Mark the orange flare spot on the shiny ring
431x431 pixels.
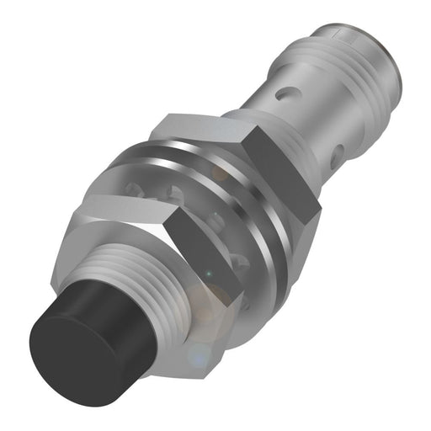coord(221,173)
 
